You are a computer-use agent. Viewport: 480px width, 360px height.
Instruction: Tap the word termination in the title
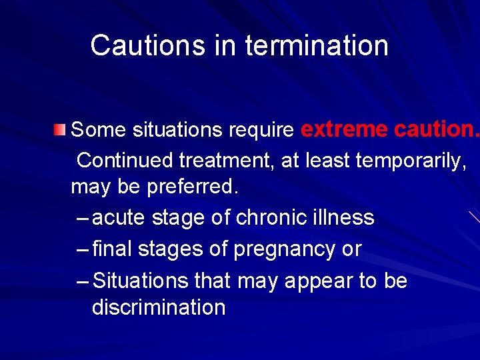click(x=317, y=45)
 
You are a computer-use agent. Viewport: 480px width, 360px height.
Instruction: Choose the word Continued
click(x=126, y=160)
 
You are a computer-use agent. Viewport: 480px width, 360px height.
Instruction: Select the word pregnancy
click(x=275, y=249)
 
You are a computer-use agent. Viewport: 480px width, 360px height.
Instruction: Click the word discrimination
click(x=159, y=307)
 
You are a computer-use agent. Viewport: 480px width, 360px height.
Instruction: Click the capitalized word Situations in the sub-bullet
click(x=142, y=281)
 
